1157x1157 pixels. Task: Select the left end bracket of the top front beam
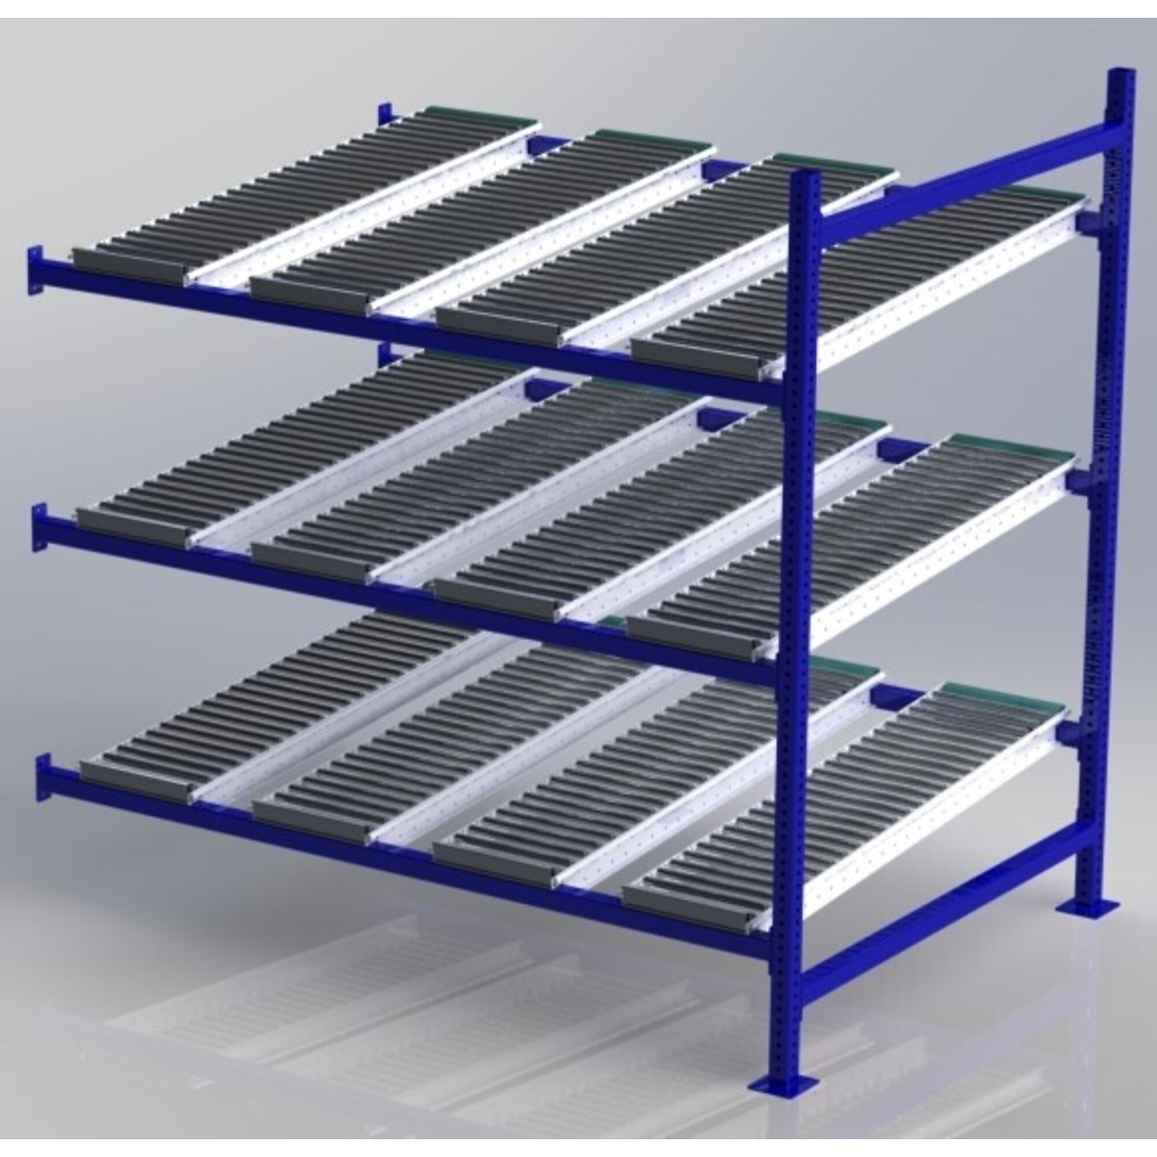pyautogui.click(x=35, y=270)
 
